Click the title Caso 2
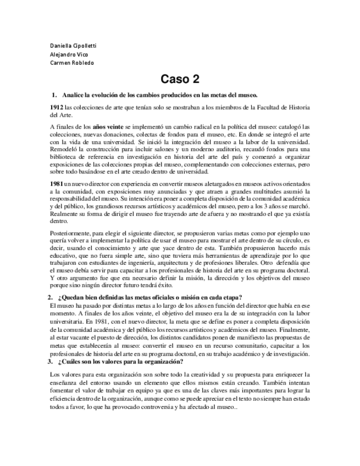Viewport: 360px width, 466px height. click(179, 79)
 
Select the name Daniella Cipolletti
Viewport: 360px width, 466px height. click(73, 45)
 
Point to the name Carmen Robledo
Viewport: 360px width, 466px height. click(71, 63)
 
